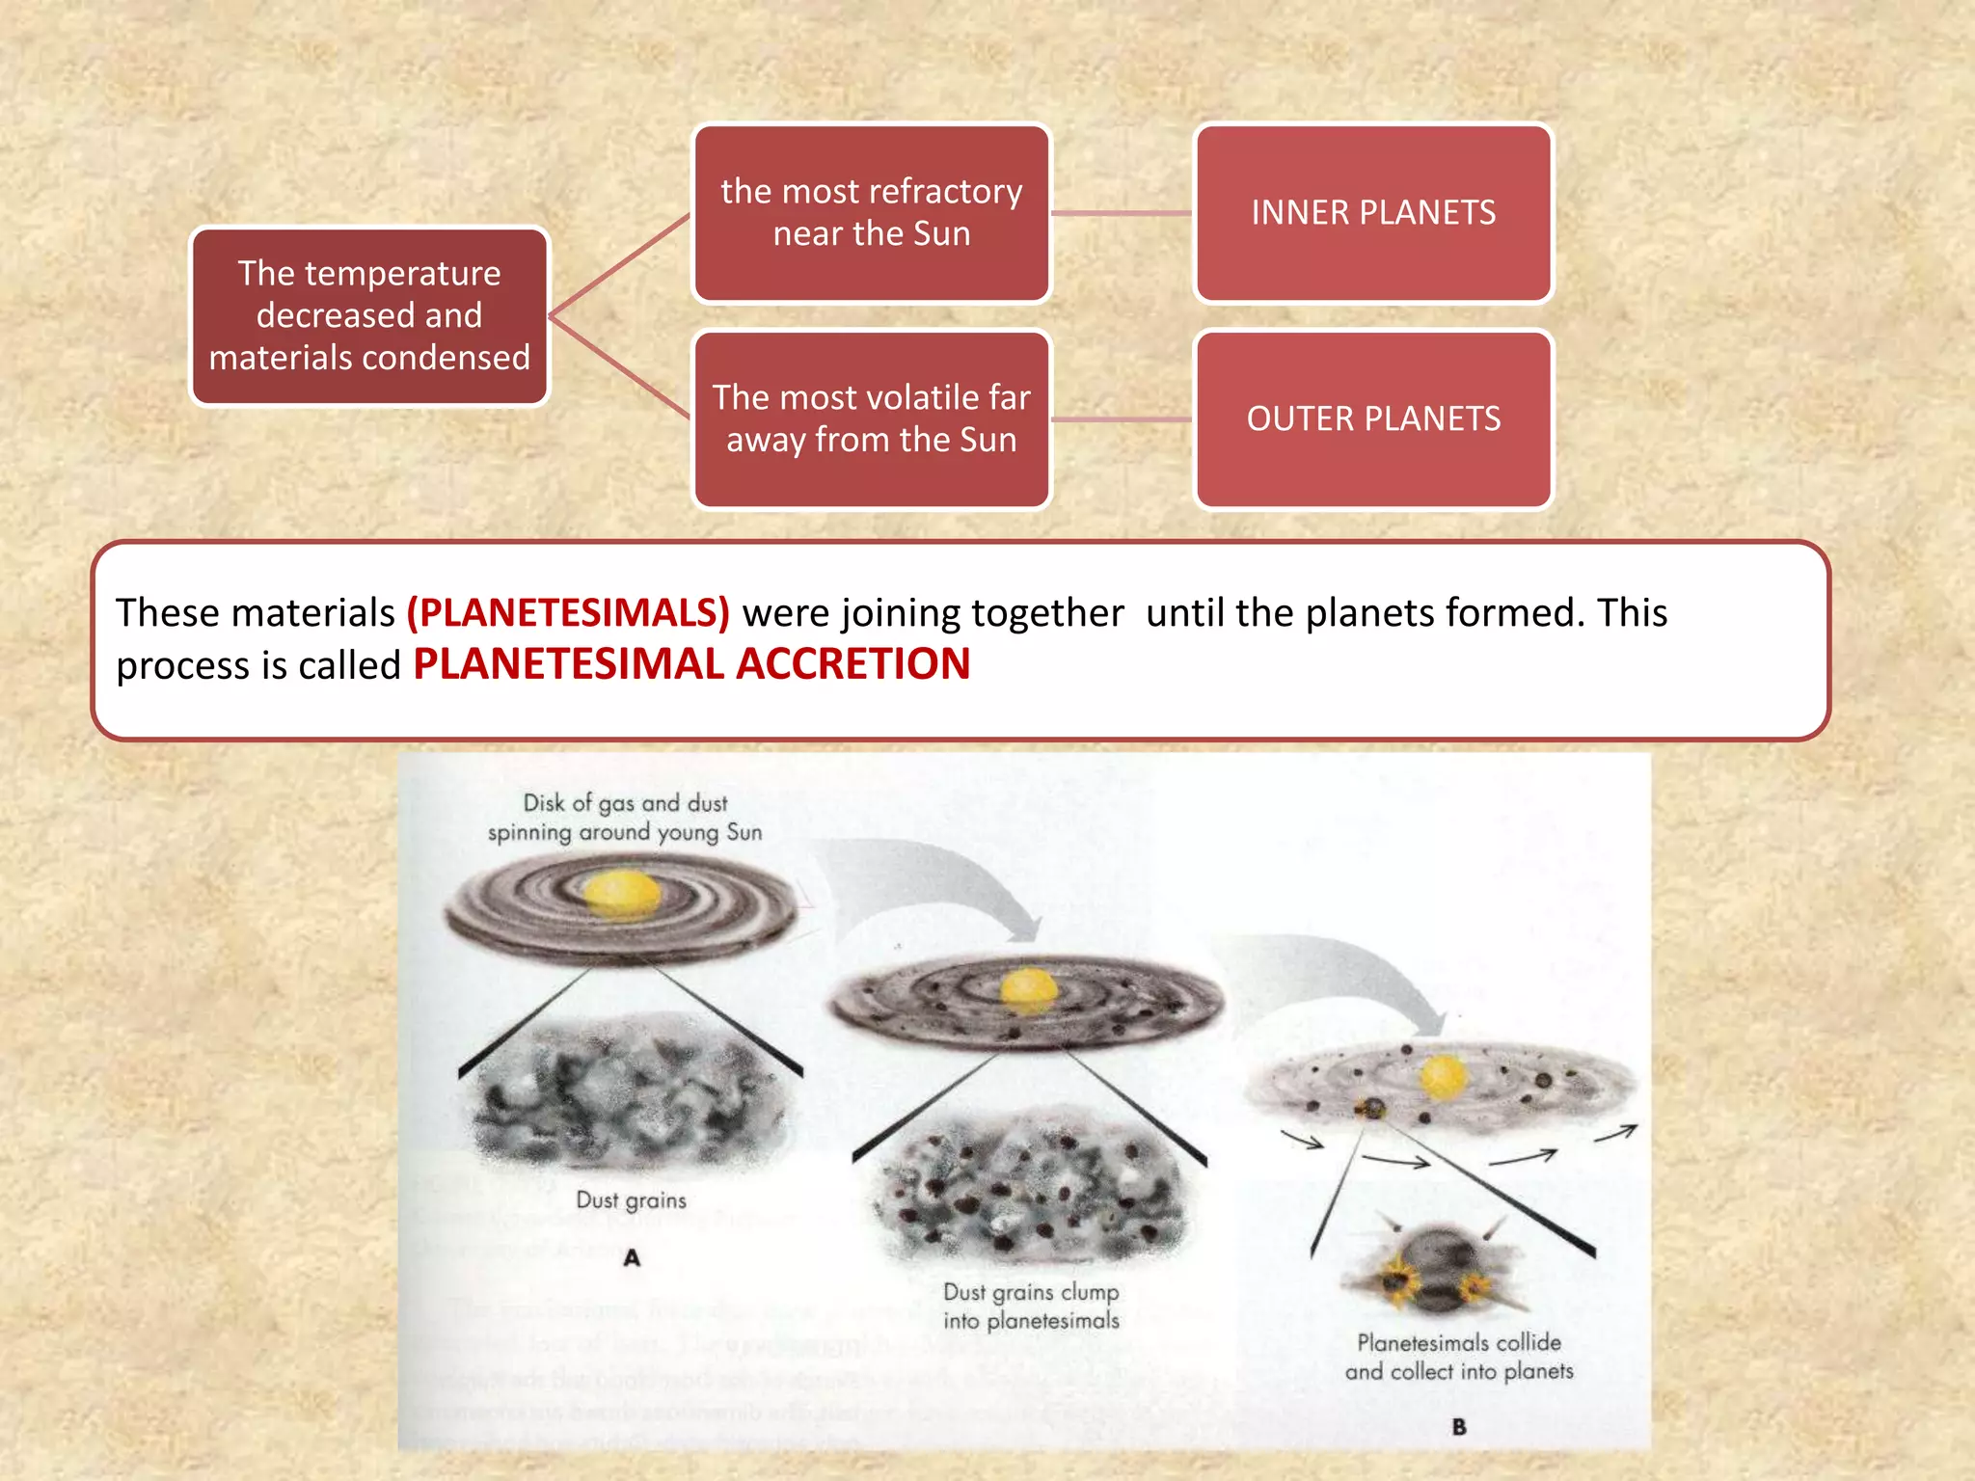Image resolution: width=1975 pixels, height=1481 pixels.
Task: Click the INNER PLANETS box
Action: (1373, 213)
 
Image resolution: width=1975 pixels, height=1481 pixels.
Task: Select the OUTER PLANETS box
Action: (1373, 419)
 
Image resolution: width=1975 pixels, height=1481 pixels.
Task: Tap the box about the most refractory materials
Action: (871, 213)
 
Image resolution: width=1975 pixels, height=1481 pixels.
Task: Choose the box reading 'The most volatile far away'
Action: (871, 419)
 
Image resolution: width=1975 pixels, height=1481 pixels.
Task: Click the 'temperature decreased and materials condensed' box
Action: (369, 316)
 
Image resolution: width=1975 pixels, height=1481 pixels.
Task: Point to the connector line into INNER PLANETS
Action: (1122, 213)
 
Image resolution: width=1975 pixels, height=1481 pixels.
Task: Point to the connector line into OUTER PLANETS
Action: (1122, 419)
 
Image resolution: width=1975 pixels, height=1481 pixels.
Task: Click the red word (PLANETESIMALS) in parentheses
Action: (568, 613)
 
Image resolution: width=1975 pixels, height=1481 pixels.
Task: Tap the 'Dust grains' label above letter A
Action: (632, 1200)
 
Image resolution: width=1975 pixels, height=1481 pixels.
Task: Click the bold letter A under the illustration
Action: (632, 1257)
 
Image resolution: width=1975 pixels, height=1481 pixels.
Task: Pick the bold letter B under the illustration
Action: (1459, 1427)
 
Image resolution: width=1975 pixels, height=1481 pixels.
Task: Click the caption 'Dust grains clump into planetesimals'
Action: (1031, 1306)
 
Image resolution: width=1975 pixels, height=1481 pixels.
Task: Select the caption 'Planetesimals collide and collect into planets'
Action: (1459, 1357)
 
